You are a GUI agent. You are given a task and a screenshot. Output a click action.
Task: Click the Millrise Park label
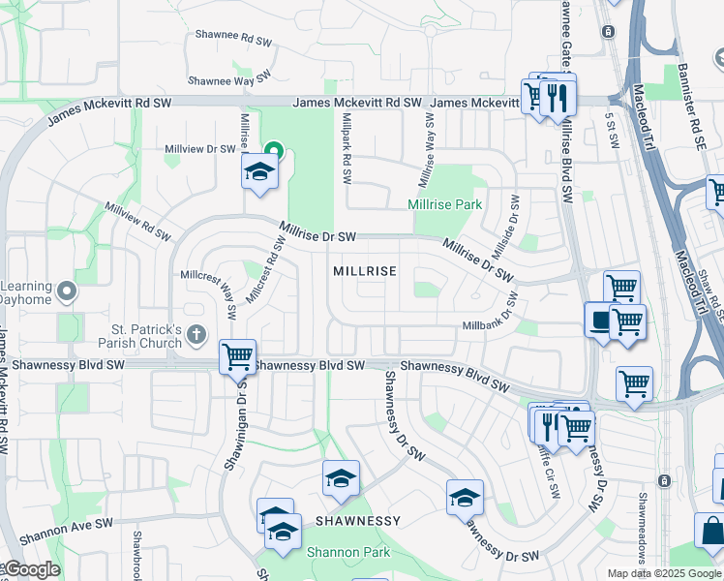444,205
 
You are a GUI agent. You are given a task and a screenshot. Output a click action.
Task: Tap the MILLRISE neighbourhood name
365,272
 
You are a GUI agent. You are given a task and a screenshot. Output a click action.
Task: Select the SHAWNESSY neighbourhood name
357,521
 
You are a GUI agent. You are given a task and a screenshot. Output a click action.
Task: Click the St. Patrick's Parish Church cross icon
196,335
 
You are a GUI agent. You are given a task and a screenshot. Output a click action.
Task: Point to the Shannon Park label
347,552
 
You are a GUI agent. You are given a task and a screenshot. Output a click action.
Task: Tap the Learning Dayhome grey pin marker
66,290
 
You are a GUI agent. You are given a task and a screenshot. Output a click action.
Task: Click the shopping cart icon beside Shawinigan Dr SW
237,356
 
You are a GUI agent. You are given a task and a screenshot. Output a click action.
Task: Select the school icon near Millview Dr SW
259,171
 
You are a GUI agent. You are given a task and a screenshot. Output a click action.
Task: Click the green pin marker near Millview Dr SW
274,151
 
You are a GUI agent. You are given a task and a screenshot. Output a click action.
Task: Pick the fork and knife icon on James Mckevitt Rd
557,96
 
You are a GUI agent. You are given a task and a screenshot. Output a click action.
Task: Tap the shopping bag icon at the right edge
712,532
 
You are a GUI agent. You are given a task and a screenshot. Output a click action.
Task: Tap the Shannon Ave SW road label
65,529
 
